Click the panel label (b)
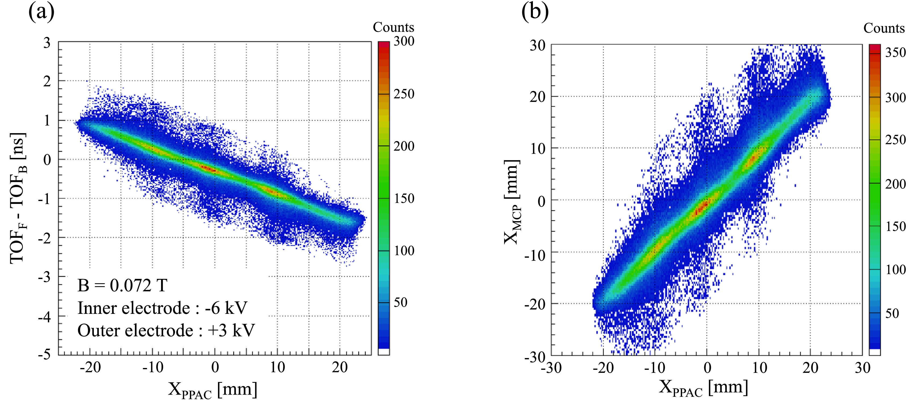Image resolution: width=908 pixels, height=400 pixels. [x=535, y=12]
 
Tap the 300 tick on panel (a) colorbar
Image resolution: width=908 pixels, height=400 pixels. [x=404, y=42]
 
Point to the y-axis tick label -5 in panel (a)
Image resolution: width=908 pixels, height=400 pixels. [x=44, y=354]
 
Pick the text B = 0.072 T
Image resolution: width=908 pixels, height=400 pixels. [x=122, y=285]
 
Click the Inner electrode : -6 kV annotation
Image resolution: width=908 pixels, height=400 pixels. [x=162, y=308]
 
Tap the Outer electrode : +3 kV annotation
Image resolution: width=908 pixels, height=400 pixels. [x=166, y=331]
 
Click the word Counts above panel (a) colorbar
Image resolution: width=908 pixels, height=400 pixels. [x=393, y=27]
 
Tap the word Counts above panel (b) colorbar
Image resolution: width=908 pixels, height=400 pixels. [x=884, y=28]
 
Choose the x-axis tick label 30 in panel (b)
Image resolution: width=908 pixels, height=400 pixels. [x=862, y=368]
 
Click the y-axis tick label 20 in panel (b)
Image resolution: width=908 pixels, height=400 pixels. [x=537, y=97]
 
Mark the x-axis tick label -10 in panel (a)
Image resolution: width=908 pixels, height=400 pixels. [x=153, y=367]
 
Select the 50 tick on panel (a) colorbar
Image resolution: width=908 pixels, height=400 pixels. [x=400, y=302]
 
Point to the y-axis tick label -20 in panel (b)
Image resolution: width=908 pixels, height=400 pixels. [x=534, y=304]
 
